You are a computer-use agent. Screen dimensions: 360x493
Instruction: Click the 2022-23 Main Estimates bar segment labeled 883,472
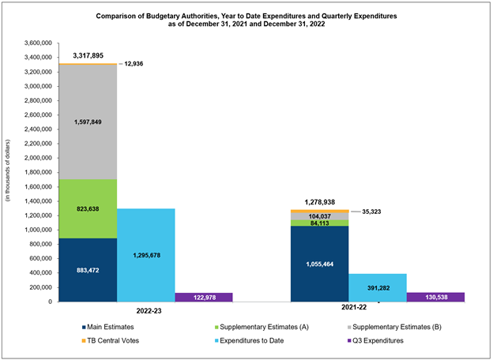point(88,270)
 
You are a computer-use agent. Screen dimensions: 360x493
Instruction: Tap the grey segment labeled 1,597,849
point(88,122)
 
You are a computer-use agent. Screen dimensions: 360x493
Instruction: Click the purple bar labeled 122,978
point(203,297)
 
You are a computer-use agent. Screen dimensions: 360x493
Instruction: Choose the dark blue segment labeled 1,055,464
point(319,263)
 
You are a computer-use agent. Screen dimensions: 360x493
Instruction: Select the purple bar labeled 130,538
point(435,297)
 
